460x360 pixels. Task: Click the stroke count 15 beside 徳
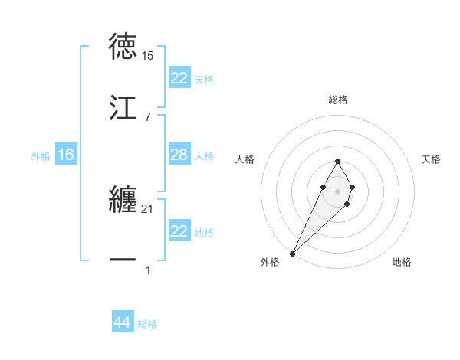pyautogui.click(x=148, y=57)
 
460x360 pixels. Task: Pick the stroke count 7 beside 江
pyautogui.click(x=147, y=116)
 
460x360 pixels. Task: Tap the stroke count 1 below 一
pyautogui.click(x=147, y=270)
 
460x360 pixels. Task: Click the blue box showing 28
pyautogui.click(x=179, y=155)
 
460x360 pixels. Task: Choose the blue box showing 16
pyautogui.click(x=66, y=155)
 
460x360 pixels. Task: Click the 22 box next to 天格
pyautogui.click(x=179, y=79)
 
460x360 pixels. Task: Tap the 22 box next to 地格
pyautogui.click(x=179, y=231)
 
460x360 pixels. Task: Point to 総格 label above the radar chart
pyautogui.click(x=338, y=100)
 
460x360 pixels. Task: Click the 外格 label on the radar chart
pyautogui.click(x=270, y=263)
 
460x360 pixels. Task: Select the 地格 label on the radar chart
pyautogui.click(x=402, y=263)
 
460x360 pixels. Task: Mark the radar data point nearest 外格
pyautogui.click(x=293, y=253)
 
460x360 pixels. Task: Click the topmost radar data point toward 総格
pyautogui.click(x=337, y=161)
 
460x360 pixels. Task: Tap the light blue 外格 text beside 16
pyautogui.click(x=41, y=156)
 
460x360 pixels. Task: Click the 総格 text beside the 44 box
pyautogui.click(x=147, y=324)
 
